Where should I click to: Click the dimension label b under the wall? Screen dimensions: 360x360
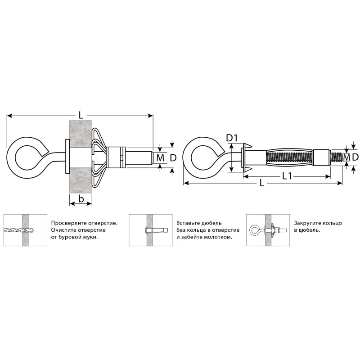pyautogui.click(x=81, y=199)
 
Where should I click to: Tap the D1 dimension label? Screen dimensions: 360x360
pyautogui.click(x=232, y=138)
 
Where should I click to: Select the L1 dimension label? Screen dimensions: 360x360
pyautogui.click(x=287, y=176)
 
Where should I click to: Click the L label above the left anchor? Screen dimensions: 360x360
pyautogui.click(x=81, y=115)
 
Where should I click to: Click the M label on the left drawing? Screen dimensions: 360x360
pyautogui.click(x=160, y=158)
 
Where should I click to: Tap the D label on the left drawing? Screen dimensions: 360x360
pyautogui.click(x=173, y=158)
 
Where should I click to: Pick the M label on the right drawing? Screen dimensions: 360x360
pyautogui.click(x=346, y=157)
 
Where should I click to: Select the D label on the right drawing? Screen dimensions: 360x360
pyautogui.click(x=355, y=157)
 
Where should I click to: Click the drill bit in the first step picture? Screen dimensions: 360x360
pyautogui.click(x=19, y=230)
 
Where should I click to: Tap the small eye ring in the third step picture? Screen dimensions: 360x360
pyautogui.click(x=254, y=230)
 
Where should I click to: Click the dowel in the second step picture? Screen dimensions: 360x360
pyautogui.click(x=157, y=230)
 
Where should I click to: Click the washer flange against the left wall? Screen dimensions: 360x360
pyautogui.click(x=67, y=156)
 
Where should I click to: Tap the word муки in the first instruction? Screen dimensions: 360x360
pyautogui.click(x=91, y=238)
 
